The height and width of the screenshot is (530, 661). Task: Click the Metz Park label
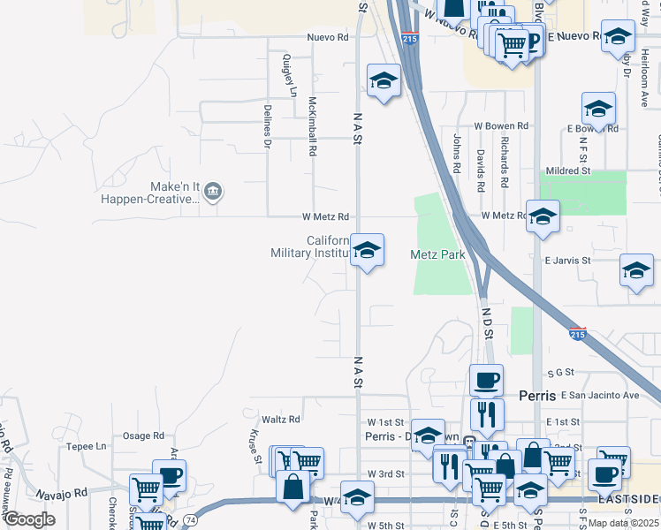coord(437,254)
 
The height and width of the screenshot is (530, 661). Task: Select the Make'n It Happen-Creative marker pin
coord(213,191)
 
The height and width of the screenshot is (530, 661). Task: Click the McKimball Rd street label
coord(311,127)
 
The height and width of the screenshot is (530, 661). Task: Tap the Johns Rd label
coord(457,153)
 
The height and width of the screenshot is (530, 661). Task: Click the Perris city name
coord(536,395)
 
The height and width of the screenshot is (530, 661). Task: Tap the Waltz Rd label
coord(281,419)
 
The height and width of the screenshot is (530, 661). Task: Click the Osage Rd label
coord(143,435)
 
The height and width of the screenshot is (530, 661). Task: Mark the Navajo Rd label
coord(62,493)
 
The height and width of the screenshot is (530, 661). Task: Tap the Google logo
coord(29,519)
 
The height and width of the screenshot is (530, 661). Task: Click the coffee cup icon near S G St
coord(486,381)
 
